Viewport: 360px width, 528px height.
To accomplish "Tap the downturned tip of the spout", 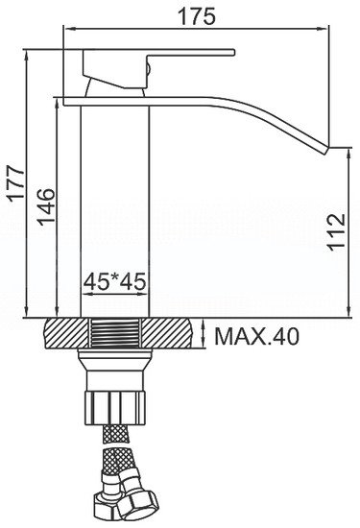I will coord(335,149).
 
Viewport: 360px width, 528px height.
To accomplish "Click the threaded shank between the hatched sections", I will coord(116,336).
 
